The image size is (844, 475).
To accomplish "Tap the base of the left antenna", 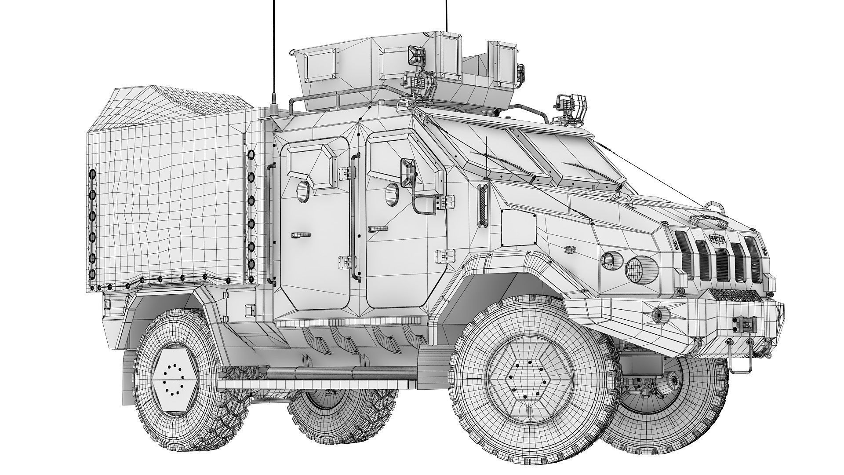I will tap(273, 110).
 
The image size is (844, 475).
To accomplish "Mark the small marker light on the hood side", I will tap(570, 249).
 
